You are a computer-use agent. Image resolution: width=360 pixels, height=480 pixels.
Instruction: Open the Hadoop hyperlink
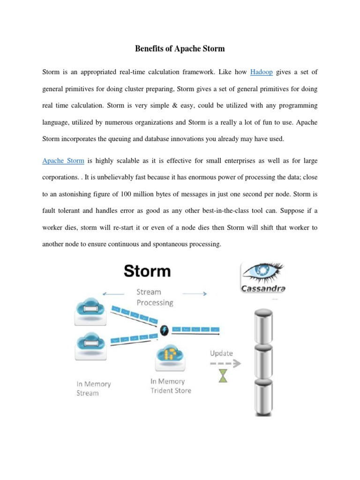tap(261, 72)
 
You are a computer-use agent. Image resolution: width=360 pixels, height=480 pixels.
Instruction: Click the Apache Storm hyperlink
tap(63, 161)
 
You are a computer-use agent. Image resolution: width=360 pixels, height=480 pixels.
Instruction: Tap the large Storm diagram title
tap(148, 271)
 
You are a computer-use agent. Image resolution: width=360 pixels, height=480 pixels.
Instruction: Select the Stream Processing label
tap(155, 298)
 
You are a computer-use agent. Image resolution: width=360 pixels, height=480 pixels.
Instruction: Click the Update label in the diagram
tap(221, 353)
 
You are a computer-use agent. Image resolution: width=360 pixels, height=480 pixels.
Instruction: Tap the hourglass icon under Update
tap(223, 375)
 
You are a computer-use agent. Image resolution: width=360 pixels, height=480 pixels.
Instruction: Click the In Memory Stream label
tap(94, 388)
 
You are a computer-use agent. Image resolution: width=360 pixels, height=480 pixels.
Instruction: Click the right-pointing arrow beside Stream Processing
tap(195, 294)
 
